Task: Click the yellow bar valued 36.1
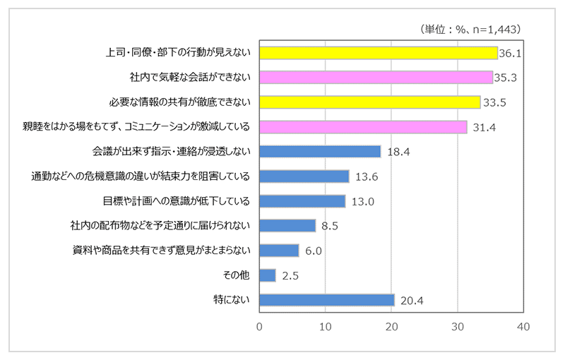[379, 53]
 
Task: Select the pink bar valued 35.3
[376, 78]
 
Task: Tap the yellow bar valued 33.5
[370, 102]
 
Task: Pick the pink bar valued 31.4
[363, 127]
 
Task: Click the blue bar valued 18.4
[320, 152]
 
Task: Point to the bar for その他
[268, 275]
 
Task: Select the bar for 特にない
[327, 300]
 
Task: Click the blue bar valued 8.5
[287, 226]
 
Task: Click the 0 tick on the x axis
[260, 328]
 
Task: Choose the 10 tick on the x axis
[326, 328]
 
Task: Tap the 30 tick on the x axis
[458, 328]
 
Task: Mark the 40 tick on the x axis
[523, 328]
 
